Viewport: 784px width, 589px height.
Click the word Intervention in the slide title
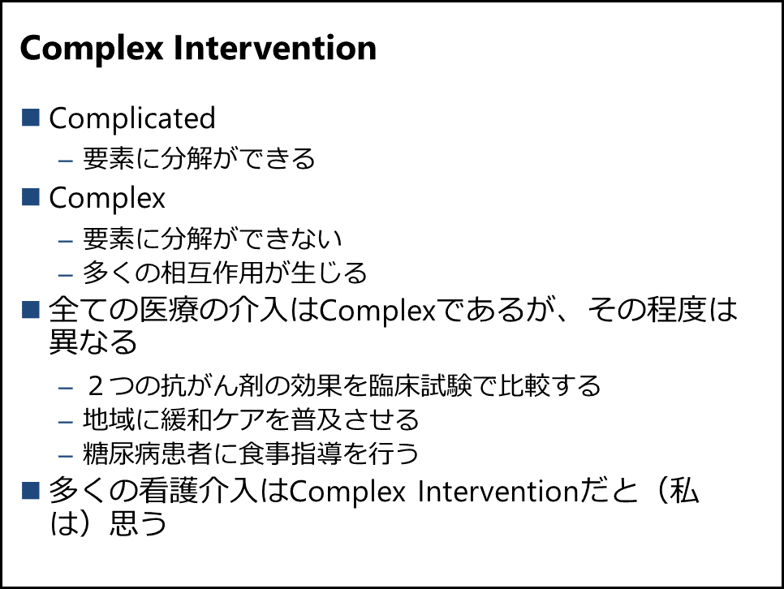pyautogui.click(x=275, y=48)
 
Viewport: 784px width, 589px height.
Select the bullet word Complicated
pyautogui.click(x=132, y=118)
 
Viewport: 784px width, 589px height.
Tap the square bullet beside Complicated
pyautogui.click(x=31, y=118)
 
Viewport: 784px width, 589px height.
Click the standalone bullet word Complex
pyautogui.click(x=107, y=199)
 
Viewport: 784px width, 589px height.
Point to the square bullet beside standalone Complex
pyautogui.click(x=31, y=197)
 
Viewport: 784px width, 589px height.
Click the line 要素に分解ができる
pyautogui.click(x=199, y=158)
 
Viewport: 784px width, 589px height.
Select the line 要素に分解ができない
pyautogui.click(x=212, y=239)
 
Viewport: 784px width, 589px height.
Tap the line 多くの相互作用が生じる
pyautogui.click(x=225, y=273)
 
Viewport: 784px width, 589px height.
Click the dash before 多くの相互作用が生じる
pyautogui.click(x=66, y=275)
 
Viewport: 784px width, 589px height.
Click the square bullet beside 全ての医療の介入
pyautogui.click(x=31, y=309)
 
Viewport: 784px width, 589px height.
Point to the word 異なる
pyautogui.click(x=93, y=342)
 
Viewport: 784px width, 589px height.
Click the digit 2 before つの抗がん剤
pyautogui.click(x=95, y=386)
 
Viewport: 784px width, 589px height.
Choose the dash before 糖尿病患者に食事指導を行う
pyautogui.click(x=66, y=456)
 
